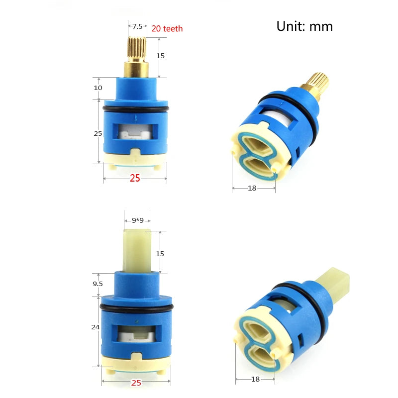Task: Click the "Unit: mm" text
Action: [x=304, y=26]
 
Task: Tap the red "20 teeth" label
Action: [x=167, y=29]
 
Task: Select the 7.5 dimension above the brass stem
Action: [x=137, y=26]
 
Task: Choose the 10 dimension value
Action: [x=98, y=88]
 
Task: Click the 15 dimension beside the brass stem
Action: [x=160, y=56]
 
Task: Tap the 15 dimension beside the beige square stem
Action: [x=160, y=253]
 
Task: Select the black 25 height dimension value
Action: [x=98, y=133]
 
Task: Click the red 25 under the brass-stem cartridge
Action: [x=135, y=178]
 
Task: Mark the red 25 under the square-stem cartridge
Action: [x=135, y=383]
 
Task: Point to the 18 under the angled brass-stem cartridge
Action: [x=252, y=188]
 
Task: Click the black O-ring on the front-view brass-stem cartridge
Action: [x=136, y=108]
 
